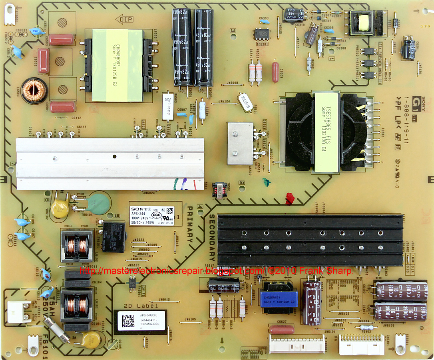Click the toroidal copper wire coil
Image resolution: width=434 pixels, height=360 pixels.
pyautogui.click(x=34, y=91)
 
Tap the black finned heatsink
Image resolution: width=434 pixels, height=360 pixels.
pyautogui.click(x=309, y=240)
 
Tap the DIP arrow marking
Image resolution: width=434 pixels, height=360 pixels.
pyautogui.click(x=123, y=20)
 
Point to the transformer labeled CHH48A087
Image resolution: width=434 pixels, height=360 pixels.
pyautogui.click(x=113, y=65)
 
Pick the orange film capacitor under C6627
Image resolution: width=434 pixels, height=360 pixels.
pyautogui.click(x=281, y=329)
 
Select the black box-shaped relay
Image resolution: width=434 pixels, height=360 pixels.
pyautogui.click(x=114, y=236)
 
